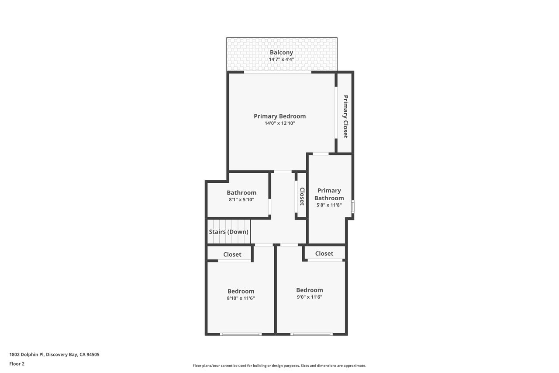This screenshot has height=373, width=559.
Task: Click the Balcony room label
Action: click(x=281, y=52)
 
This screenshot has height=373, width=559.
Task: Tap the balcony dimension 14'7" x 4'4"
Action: click(x=281, y=59)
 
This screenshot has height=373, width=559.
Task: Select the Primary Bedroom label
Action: click(x=279, y=116)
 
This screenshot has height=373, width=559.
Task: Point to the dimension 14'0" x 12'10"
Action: click(x=279, y=123)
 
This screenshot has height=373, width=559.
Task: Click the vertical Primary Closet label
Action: click(x=345, y=117)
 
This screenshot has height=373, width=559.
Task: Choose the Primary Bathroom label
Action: click(x=329, y=194)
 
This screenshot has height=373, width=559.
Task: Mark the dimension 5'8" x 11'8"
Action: click(x=329, y=205)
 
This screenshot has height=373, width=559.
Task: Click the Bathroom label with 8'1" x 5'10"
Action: click(x=241, y=192)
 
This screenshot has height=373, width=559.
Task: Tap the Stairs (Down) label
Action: click(x=228, y=232)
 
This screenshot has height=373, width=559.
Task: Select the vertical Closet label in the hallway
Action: click(x=301, y=196)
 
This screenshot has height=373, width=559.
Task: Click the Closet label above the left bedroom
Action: click(x=232, y=254)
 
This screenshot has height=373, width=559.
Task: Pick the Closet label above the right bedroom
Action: click(x=324, y=254)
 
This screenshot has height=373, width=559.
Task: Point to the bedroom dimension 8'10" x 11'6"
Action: click(x=241, y=298)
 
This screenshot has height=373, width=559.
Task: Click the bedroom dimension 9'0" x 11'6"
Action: click(x=309, y=297)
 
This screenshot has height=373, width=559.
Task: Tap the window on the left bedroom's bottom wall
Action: click(x=241, y=334)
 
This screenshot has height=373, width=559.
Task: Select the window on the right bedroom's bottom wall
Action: click(x=311, y=334)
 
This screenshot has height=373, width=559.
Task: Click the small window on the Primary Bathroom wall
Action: click(x=352, y=207)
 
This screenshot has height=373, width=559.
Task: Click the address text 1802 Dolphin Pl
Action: click(x=54, y=355)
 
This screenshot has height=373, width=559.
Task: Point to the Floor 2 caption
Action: click(x=17, y=363)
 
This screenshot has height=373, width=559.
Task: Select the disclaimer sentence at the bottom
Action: click(x=279, y=366)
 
